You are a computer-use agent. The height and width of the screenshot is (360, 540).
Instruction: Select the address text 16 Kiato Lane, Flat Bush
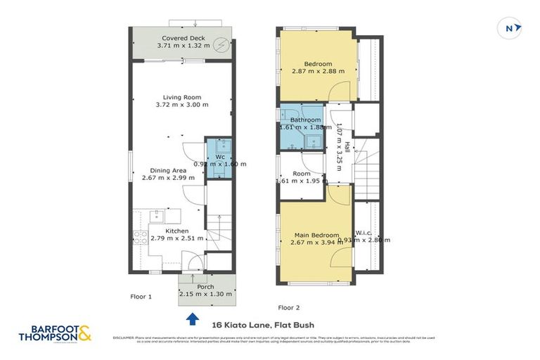click(262, 325)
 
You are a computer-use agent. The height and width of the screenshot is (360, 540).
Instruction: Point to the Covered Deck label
click(182, 38)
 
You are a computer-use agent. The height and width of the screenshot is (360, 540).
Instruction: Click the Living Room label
click(182, 97)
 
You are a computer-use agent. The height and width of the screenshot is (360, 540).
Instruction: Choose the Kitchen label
click(176, 231)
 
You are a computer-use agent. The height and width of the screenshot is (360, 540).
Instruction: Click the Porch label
click(205, 287)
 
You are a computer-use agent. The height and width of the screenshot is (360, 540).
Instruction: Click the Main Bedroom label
click(316, 236)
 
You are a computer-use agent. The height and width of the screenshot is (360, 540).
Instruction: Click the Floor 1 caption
click(141, 297)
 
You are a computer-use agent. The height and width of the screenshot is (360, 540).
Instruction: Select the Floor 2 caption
click(288, 307)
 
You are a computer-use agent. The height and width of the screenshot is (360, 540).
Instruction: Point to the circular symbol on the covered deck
click(221, 42)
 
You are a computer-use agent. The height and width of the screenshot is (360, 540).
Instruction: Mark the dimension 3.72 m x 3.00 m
click(182, 105)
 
